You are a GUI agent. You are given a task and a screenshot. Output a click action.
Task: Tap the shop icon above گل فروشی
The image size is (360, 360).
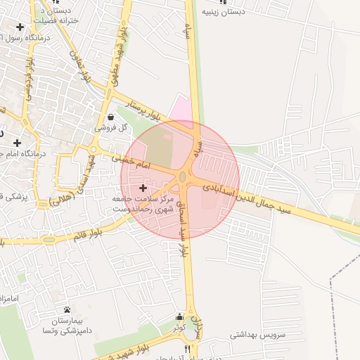(111, 117)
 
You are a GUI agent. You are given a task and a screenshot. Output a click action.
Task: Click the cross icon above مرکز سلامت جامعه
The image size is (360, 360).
(143, 188)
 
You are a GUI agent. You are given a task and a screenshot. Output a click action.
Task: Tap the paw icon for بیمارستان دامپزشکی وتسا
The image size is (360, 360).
(67, 309)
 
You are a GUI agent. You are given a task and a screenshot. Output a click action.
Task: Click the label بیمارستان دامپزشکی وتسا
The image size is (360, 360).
(67, 325)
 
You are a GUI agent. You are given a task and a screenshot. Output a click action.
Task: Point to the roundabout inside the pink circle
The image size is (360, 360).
(184, 177)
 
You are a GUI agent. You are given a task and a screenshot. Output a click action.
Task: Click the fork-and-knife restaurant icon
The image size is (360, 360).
(186, 348)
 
